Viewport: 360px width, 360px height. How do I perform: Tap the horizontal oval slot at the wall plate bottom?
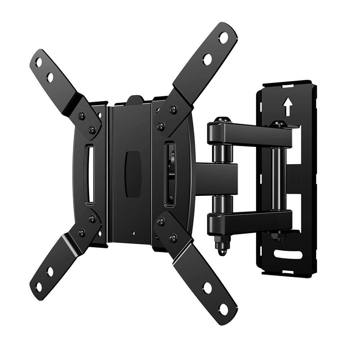[288, 255]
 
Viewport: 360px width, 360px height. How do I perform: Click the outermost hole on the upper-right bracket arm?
[224, 37]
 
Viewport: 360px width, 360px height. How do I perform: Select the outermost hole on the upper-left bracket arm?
[39, 63]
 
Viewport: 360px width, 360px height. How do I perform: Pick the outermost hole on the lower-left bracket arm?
[39, 287]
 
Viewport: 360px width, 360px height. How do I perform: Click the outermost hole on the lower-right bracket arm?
[224, 309]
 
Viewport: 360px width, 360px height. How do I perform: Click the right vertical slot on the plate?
[169, 174]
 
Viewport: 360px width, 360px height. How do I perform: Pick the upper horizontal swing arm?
[252, 134]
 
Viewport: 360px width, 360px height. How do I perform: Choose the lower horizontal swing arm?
[252, 220]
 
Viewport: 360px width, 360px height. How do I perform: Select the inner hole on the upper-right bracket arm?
[207, 59]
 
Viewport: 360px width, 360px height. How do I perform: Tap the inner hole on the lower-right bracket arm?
[207, 287]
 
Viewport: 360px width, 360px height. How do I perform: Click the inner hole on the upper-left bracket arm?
[50, 77]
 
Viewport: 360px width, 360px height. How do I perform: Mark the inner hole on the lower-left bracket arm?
[50, 272]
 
